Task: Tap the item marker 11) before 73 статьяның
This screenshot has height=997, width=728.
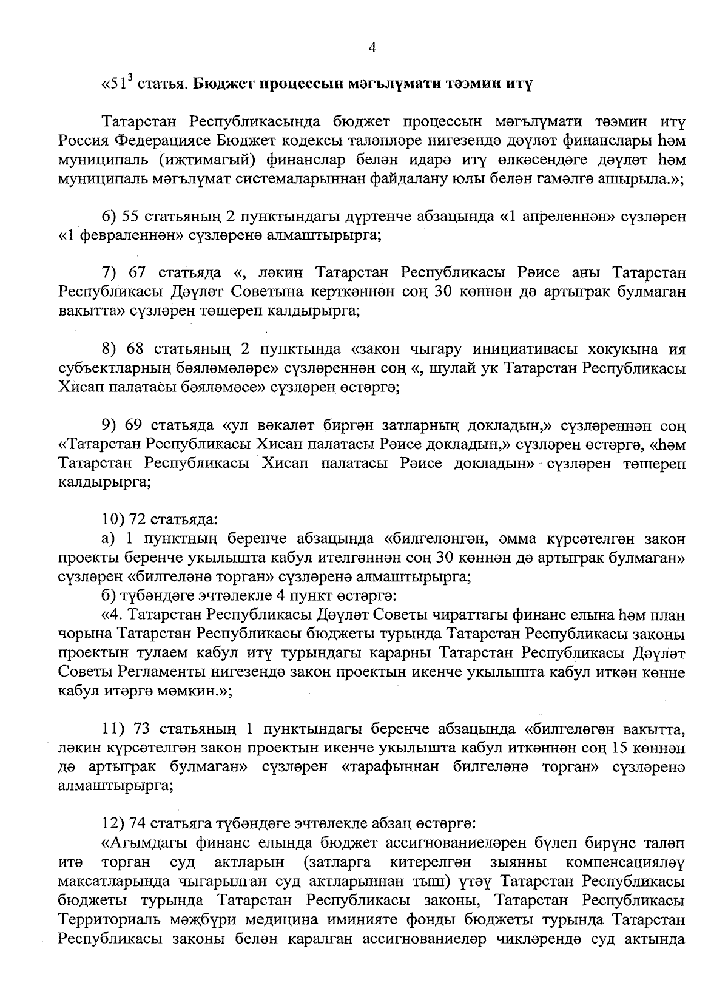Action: (x=115, y=729)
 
